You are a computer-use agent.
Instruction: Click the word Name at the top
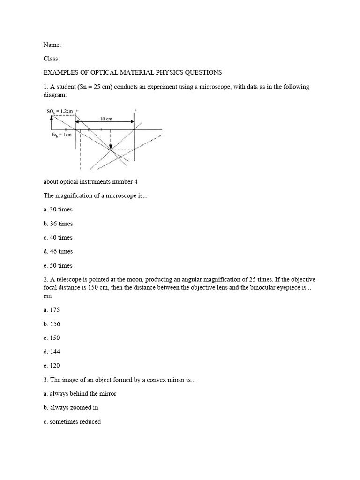52,45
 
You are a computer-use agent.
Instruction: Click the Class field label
51,59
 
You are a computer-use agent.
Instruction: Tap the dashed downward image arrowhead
111,148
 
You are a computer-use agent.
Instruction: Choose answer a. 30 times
58,210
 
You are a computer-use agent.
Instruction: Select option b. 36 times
58,224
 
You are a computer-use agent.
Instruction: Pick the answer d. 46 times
58,251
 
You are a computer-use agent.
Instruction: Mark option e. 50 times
58,265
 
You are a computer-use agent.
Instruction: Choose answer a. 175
52,310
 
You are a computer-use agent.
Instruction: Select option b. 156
52,324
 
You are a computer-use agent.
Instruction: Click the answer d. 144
52,352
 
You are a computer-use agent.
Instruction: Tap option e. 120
52,366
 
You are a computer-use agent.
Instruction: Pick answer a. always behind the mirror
77,394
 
